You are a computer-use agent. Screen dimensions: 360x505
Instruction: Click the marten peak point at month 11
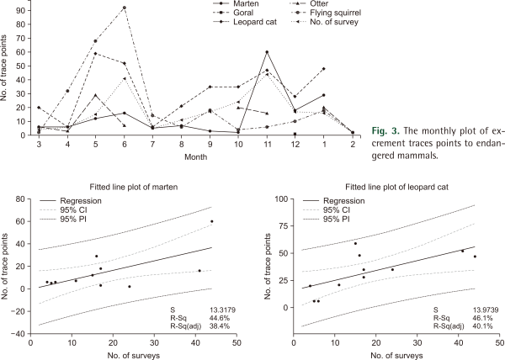[x=267, y=52]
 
